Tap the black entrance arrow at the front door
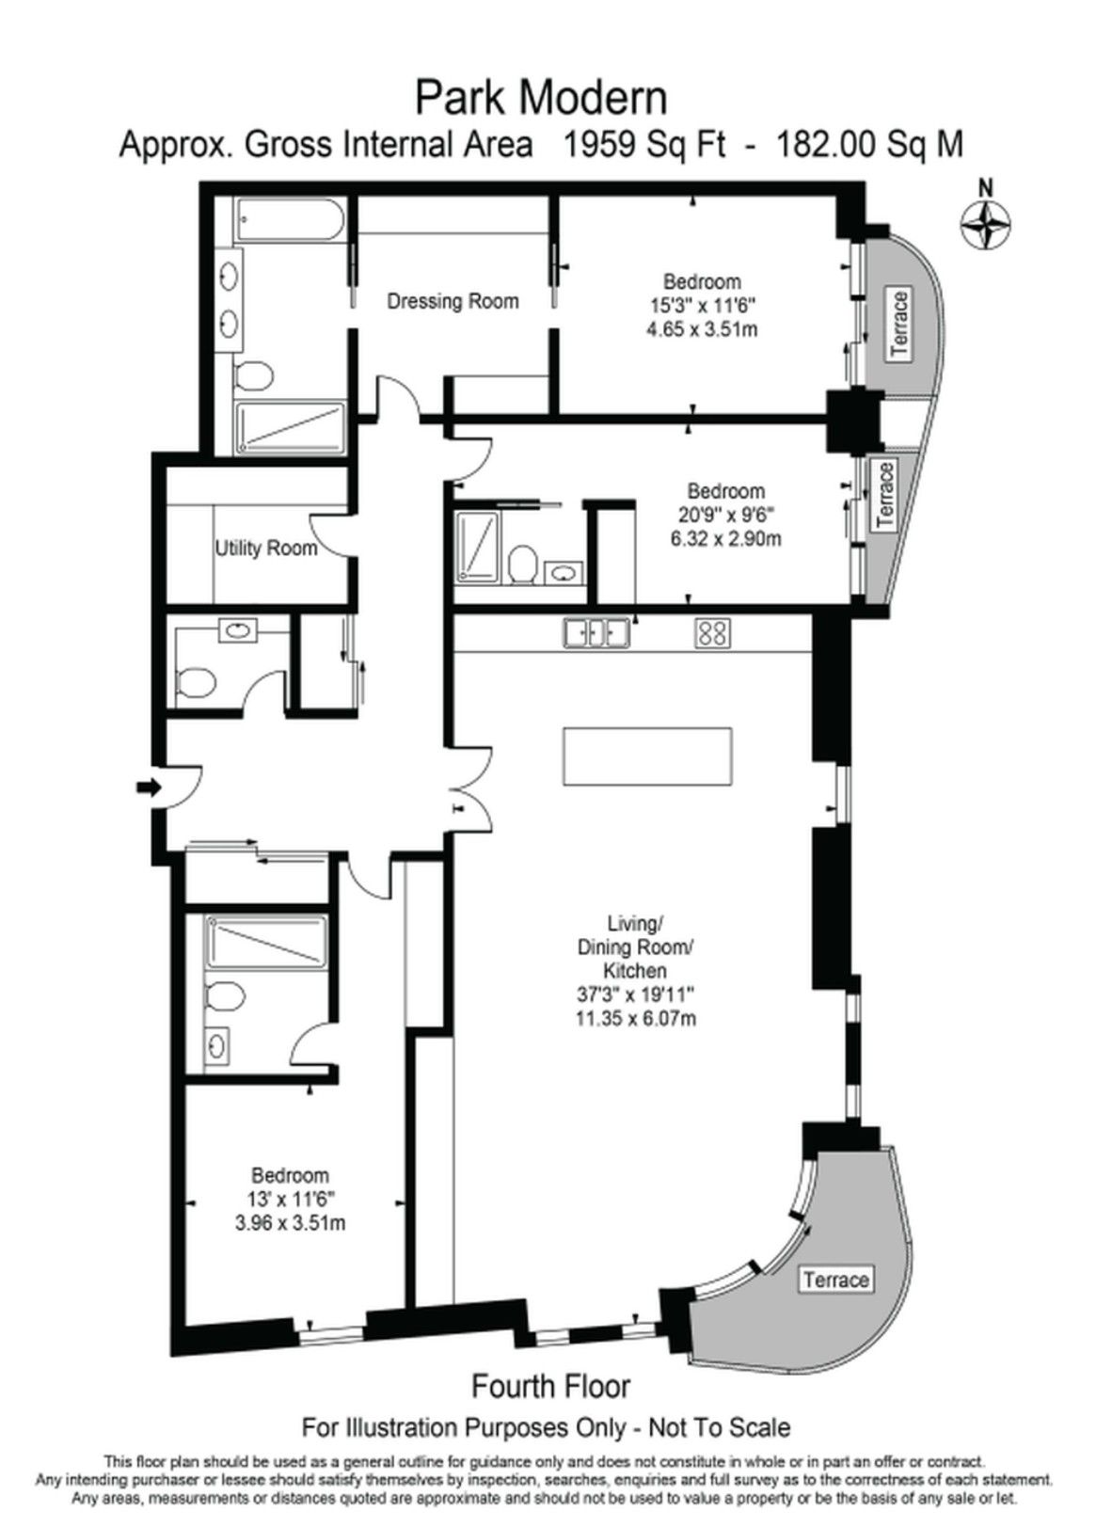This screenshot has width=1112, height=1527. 147,788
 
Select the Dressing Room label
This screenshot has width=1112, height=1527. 453,301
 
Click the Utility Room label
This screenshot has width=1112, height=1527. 266,548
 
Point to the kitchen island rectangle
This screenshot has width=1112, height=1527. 647,756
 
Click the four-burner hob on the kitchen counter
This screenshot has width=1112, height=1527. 712,632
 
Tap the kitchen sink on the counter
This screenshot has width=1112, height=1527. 596,632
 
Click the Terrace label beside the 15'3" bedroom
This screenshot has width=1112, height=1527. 900,323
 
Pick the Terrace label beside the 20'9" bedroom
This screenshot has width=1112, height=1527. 884,495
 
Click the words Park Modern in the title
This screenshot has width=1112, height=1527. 542,99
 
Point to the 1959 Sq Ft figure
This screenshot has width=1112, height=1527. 645,145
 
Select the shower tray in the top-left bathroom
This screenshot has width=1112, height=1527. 291,427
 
